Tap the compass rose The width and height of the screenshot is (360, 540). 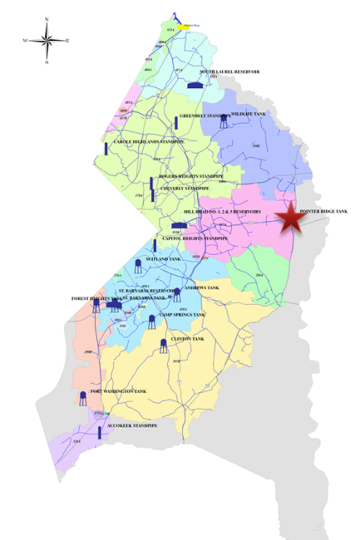[x=47, y=40]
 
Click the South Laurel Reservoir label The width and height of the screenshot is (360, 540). [x=229, y=72]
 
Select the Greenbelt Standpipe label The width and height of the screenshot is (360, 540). [x=204, y=115]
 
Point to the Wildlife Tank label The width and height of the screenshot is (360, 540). [x=248, y=112]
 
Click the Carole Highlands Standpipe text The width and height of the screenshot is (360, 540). [x=148, y=142]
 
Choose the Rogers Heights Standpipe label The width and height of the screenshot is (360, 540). [x=191, y=176]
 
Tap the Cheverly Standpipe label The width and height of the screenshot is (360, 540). [x=185, y=189]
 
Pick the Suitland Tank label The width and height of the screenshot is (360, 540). [x=163, y=259]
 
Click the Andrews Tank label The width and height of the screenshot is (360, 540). [x=202, y=287]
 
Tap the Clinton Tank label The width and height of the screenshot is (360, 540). [x=187, y=339]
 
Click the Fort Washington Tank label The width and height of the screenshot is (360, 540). [x=119, y=391]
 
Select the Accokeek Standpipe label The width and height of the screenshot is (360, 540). [x=134, y=425]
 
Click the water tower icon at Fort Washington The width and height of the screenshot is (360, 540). [x=82, y=398]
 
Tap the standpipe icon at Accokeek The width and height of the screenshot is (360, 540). [x=99, y=432]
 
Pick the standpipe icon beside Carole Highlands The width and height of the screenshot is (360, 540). [x=106, y=148]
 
